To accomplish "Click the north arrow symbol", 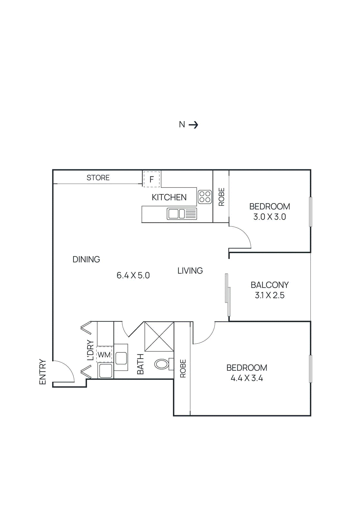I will pyautogui.click(x=193, y=125).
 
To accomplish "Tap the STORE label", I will pyautogui.click(x=98, y=178).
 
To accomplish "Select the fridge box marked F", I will pyautogui.click(x=152, y=179).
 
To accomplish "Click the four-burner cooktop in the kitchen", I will pyautogui.click(x=205, y=197).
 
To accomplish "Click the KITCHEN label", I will pyautogui.click(x=169, y=197).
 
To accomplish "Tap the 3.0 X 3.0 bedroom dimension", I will pyautogui.click(x=269, y=217).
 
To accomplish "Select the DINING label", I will pyautogui.click(x=86, y=259).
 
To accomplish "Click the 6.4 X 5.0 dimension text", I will pyautogui.click(x=133, y=276).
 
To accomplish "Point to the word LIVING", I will pyautogui.click(x=190, y=271).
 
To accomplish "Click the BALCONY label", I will pyautogui.click(x=269, y=285).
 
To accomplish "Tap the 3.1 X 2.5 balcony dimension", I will pyautogui.click(x=269, y=295).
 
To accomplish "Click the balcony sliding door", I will pyautogui.click(x=228, y=295).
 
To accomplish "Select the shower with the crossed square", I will pyautogui.click(x=159, y=336).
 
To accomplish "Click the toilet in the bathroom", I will pyautogui.click(x=162, y=364).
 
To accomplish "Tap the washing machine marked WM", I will pyautogui.click(x=104, y=355).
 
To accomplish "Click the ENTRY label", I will pyautogui.click(x=42, y=372).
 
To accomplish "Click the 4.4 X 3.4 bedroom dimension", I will pyautogui.click(x=247, y=378).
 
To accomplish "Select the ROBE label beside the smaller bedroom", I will pyautogui.click(x=221, y=197).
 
